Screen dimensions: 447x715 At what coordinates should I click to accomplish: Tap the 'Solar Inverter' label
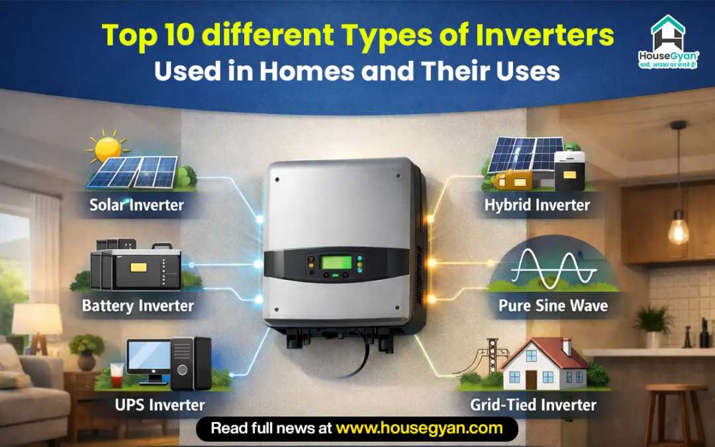(x=137, y=205)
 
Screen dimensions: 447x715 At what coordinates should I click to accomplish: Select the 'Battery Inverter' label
(x=138, y=305)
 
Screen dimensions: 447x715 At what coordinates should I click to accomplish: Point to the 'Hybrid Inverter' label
(x=536, y=205)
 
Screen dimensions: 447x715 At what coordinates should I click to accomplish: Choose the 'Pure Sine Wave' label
(x=553, y=305)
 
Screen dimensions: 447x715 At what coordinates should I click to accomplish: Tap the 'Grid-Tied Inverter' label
(x=533, y=404)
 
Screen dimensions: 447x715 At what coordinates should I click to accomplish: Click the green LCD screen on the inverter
(x=336, y=262)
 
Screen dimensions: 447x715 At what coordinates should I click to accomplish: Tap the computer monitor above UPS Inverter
(x=148, y=358)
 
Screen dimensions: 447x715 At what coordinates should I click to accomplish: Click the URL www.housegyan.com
(x=419, y=428)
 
